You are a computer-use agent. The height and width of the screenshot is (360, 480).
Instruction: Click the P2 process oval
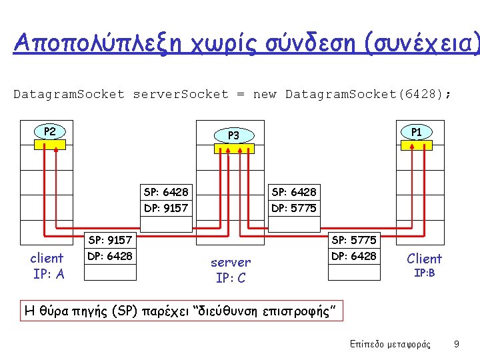click(x=49, y=131)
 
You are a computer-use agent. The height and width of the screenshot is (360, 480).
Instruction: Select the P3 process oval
click(x=233, y=135)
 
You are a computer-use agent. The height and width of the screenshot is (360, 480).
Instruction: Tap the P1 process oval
click(x=417, y=131)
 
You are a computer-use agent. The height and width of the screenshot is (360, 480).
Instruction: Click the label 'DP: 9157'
click(x=166, y=208)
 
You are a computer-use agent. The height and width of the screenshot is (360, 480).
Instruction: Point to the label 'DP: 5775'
click(x=293, y=208)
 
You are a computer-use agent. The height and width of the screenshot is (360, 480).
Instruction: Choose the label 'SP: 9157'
click(x=110, y=240)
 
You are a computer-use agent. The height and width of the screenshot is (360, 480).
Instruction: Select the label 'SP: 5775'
click(x=353, y=240)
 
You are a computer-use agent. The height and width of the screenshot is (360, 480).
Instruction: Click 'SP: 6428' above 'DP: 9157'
click(x=166, y=192)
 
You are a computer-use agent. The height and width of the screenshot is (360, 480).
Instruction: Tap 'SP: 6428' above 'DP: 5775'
click(x=293, y=192)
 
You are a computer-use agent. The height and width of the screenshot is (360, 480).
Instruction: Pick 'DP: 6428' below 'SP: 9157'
click(x=110, y=256)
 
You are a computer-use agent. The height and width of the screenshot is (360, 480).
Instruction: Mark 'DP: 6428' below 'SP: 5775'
click(x=353, y=256)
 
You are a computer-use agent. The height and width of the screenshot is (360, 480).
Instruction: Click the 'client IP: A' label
click(x=48, y=266)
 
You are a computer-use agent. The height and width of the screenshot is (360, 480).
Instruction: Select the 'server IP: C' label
click(x=231, y=270)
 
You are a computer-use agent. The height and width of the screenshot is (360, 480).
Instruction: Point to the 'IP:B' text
click(x=425, y=273)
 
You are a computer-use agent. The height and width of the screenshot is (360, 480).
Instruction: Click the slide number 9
click(x=456, y=344)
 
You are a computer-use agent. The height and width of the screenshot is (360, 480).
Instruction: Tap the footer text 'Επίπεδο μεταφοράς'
click(x=390, y=344)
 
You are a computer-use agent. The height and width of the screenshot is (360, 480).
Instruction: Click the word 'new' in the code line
click(x=265, y=94)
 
